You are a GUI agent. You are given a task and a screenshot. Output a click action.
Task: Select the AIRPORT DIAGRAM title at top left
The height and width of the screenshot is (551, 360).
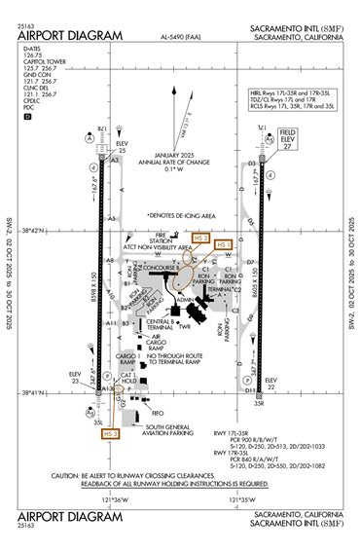pyautogui.click(x=70, y=36)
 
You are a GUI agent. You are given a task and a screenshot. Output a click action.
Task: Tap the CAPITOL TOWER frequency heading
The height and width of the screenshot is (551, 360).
pyautogui.click(x=38, y=61)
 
